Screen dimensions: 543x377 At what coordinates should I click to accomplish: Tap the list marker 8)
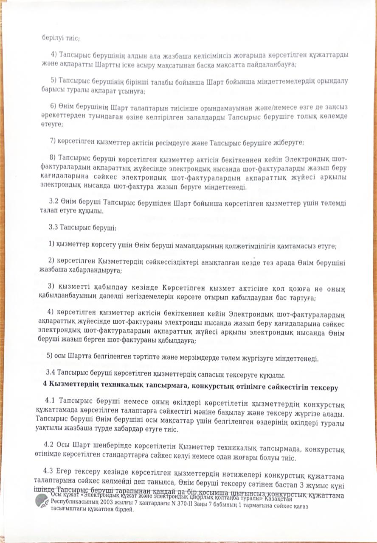[54, 159]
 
